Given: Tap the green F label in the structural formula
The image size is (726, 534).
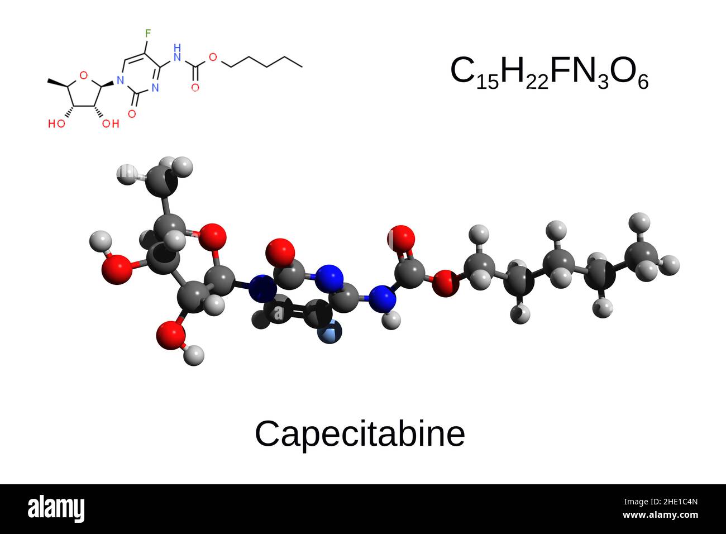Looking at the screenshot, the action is coord(148,33).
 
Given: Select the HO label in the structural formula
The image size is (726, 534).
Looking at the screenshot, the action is coord(57,123).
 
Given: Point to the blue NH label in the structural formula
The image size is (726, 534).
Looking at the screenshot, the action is coord(177,53).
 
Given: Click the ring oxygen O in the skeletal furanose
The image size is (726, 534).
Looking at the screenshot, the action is coord(84,75).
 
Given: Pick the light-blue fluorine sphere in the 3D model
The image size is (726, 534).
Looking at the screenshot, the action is coord(330,332).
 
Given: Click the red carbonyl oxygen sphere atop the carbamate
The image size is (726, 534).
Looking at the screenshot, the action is coord(401,239).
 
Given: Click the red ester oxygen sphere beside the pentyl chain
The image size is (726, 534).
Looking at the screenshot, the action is coord(446,283).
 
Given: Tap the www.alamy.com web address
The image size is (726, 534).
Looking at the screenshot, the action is coord(660,515).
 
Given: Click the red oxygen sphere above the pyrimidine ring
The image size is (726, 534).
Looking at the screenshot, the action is coord(280,253).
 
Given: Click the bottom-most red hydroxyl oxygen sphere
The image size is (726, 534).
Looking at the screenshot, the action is coord(171,335).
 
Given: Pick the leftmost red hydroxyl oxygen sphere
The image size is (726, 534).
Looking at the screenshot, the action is coord(117,269).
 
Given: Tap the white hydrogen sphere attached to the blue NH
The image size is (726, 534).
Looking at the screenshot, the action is coord(391,320).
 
